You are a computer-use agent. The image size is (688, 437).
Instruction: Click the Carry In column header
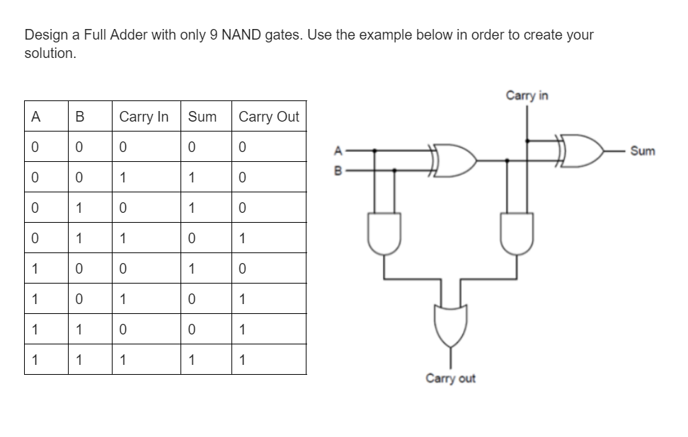click(144, 117)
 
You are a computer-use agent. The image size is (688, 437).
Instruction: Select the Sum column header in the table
click(202, 117)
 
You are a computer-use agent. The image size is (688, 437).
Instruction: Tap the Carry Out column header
click(269, 117)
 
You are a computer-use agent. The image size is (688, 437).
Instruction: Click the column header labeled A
click(35, 117)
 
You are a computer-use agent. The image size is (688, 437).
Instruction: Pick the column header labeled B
click(79, 117)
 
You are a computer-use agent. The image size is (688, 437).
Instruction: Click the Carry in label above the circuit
click(527, 95)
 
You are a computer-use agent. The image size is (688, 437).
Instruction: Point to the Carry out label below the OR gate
click(450, 378)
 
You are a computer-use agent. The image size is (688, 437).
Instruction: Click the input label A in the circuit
click(338, 150)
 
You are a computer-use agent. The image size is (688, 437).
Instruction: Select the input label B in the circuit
click(338, 170)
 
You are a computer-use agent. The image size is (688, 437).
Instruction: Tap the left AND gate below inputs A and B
click(384, 234)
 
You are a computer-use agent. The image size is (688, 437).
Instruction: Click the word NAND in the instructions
click(241, 35)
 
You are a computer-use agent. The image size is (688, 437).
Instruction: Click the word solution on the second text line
click(49, 54)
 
